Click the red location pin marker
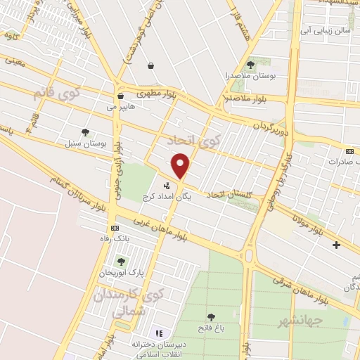[x=181, y=165]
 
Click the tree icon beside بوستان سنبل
[x=86, y=131]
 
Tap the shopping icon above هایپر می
[x=120, y=96]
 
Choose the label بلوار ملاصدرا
[x=246, y=98]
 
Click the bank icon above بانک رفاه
[x=115, y=229]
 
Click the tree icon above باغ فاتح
[x=211, y=317]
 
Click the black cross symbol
[x=336, y=245]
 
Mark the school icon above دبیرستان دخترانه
[x=158, y=333]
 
